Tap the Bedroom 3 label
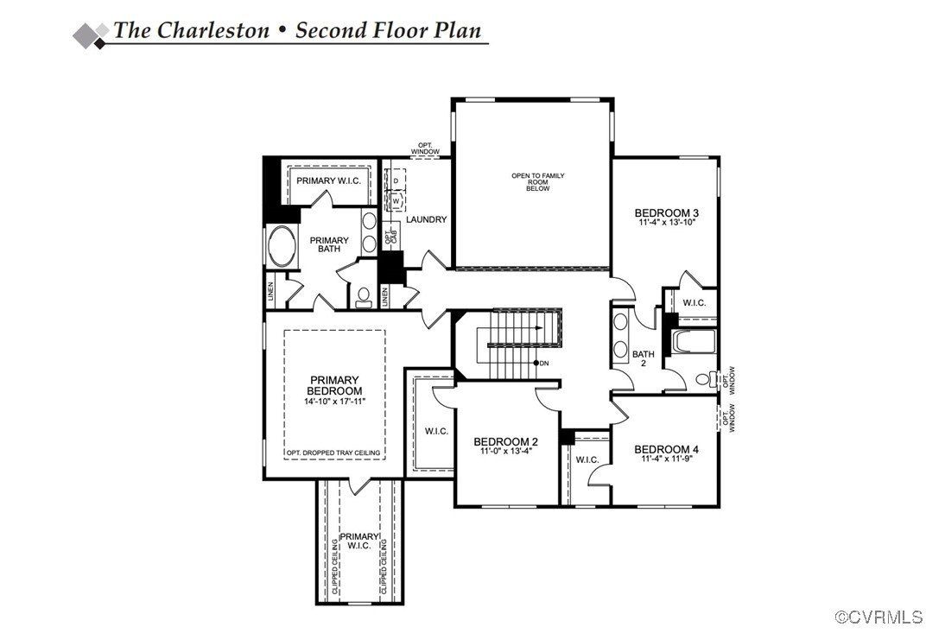point(666,212)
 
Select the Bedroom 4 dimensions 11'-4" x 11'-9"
point(666,459)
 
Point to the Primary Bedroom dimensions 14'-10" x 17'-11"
point(335,402)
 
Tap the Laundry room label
point(426,219)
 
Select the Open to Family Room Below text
point(537,182)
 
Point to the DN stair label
point(543,363)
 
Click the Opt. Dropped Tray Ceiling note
point(334,453)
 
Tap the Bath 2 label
point(643,358)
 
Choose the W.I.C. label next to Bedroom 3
point(694,302)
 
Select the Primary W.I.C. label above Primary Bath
point(328,180)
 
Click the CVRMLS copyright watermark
point(878,617)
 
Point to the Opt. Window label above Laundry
point(425,149)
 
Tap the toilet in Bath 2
point(705,378)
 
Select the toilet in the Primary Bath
point(363,296)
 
